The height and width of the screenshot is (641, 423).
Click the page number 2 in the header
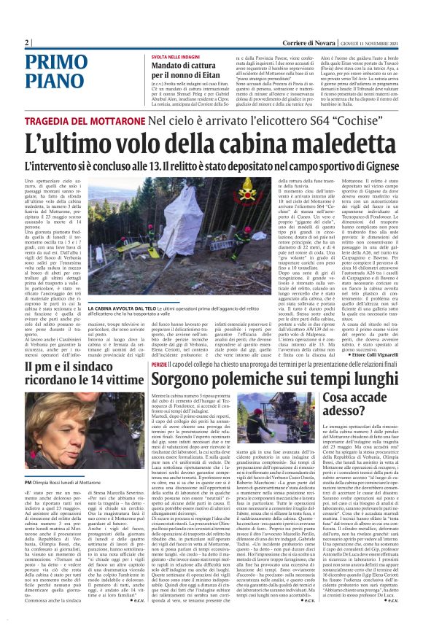click(x=26, y=42)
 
